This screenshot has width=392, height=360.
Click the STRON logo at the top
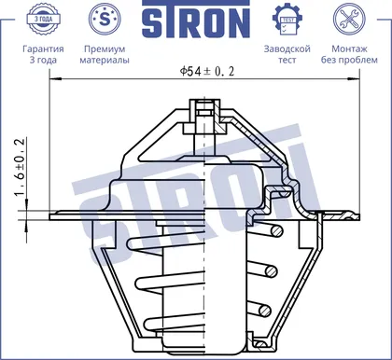coord(196,19)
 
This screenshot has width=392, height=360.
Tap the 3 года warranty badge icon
coord(43,19)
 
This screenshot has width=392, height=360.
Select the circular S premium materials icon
coord(105,19)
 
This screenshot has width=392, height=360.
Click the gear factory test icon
coord(287,20)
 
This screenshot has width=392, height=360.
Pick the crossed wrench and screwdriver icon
coord(349,19)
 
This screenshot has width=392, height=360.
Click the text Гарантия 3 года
coord(43,54)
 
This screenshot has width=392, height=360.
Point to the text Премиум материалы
coord(105,54)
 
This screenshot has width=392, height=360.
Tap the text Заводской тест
coord(287,54)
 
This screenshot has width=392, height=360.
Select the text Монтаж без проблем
coord(349,54)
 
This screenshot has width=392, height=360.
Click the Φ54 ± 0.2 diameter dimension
coord(207,72)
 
